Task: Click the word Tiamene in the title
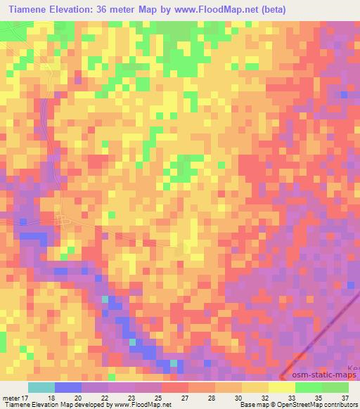pos(31,9)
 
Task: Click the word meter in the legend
pos(13,397)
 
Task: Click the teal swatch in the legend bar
pos(41,387)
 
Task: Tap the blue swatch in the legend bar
pos(68,387)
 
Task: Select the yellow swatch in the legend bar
pos(282,387)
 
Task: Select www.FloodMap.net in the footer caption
pos(143,405)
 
